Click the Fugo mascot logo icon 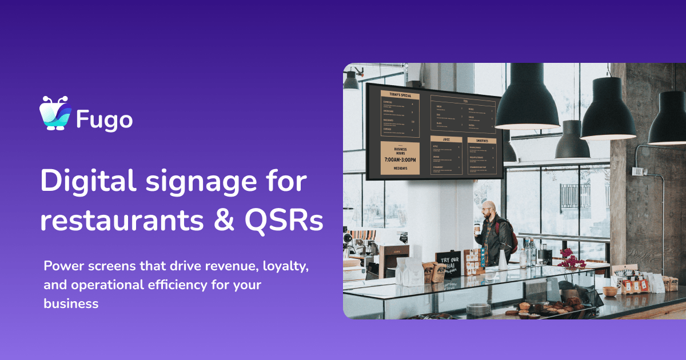[x=55, y=113]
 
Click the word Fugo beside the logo [x=105, y=119]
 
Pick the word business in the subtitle [x=71, y=303]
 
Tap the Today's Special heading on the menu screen [x=400, y=95]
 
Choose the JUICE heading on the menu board [x=446, y=139]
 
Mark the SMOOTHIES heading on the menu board [x=481, y=140]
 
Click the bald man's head [x=486, y=207]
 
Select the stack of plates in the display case [x=478, y=309]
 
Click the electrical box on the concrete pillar [x=637, y=171]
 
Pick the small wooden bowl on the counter [x=611, y=291]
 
